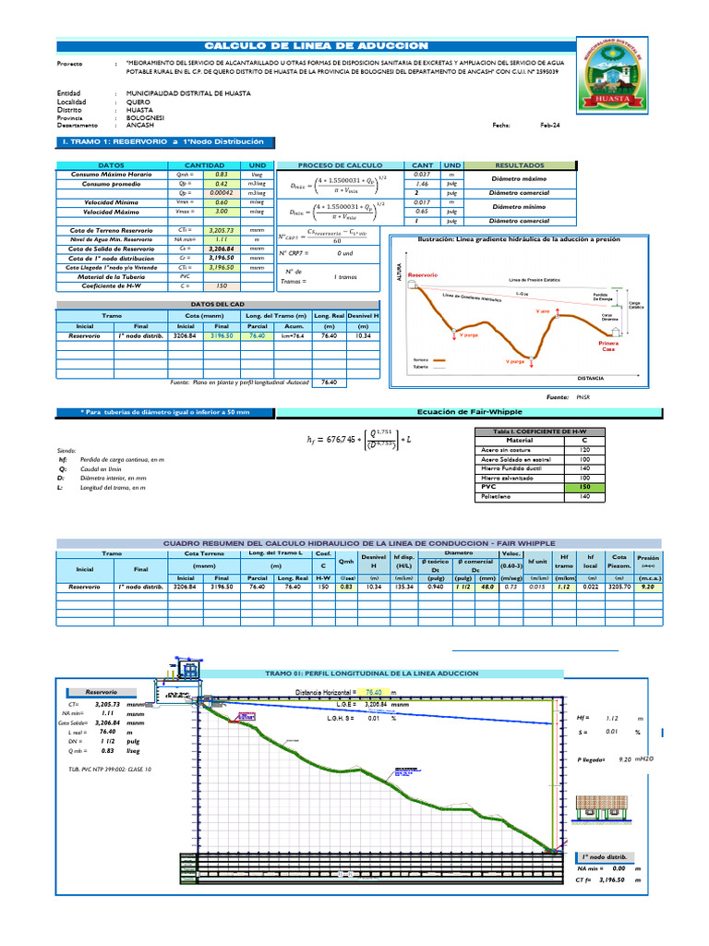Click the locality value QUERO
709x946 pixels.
pos(138,102)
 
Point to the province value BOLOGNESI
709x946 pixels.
pos(146,118)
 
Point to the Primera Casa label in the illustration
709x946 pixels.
pos(608,346)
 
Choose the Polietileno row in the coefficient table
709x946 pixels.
pos(499,496)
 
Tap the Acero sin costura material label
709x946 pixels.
pos(507,449)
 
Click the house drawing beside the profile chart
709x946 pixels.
pos(607,810)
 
